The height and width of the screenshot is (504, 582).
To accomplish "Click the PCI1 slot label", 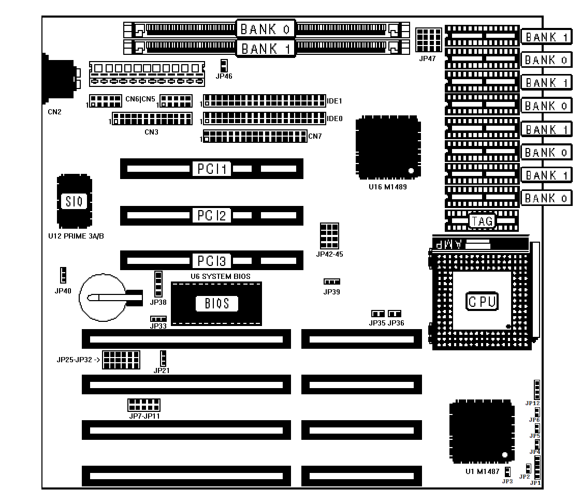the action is [212, 169].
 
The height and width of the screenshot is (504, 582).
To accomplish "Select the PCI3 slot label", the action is [212, 261].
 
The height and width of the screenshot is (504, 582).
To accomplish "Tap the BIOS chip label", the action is [217, 304].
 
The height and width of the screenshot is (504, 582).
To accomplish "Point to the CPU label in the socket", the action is [482, 301].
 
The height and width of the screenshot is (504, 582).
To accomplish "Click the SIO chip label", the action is [74, 201].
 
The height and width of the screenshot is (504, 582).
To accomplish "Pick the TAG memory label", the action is [482, 221].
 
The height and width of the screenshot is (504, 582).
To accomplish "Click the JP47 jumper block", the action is [429, 40].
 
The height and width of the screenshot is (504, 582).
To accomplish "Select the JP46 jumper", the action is [224, 66].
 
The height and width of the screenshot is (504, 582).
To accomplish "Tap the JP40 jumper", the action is [63, 275].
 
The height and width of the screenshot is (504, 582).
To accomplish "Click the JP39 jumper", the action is [331, 282].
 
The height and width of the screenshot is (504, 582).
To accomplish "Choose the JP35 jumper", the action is [378, 314].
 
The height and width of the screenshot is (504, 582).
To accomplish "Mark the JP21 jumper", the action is [163, 359].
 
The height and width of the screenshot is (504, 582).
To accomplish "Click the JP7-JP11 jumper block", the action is [143, 405].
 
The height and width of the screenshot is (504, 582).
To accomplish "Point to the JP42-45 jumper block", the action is [329, 236].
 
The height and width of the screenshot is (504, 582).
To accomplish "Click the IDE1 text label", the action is [334, 101].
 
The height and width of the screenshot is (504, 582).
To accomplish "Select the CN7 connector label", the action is [315, 136].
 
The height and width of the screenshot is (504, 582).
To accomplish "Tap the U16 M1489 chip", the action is [388, 147].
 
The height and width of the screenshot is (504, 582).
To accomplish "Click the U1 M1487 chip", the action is [482, 432].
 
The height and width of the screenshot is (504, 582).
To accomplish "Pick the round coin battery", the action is [103, 298].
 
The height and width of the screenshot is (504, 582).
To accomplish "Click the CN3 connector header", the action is [153, 118].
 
